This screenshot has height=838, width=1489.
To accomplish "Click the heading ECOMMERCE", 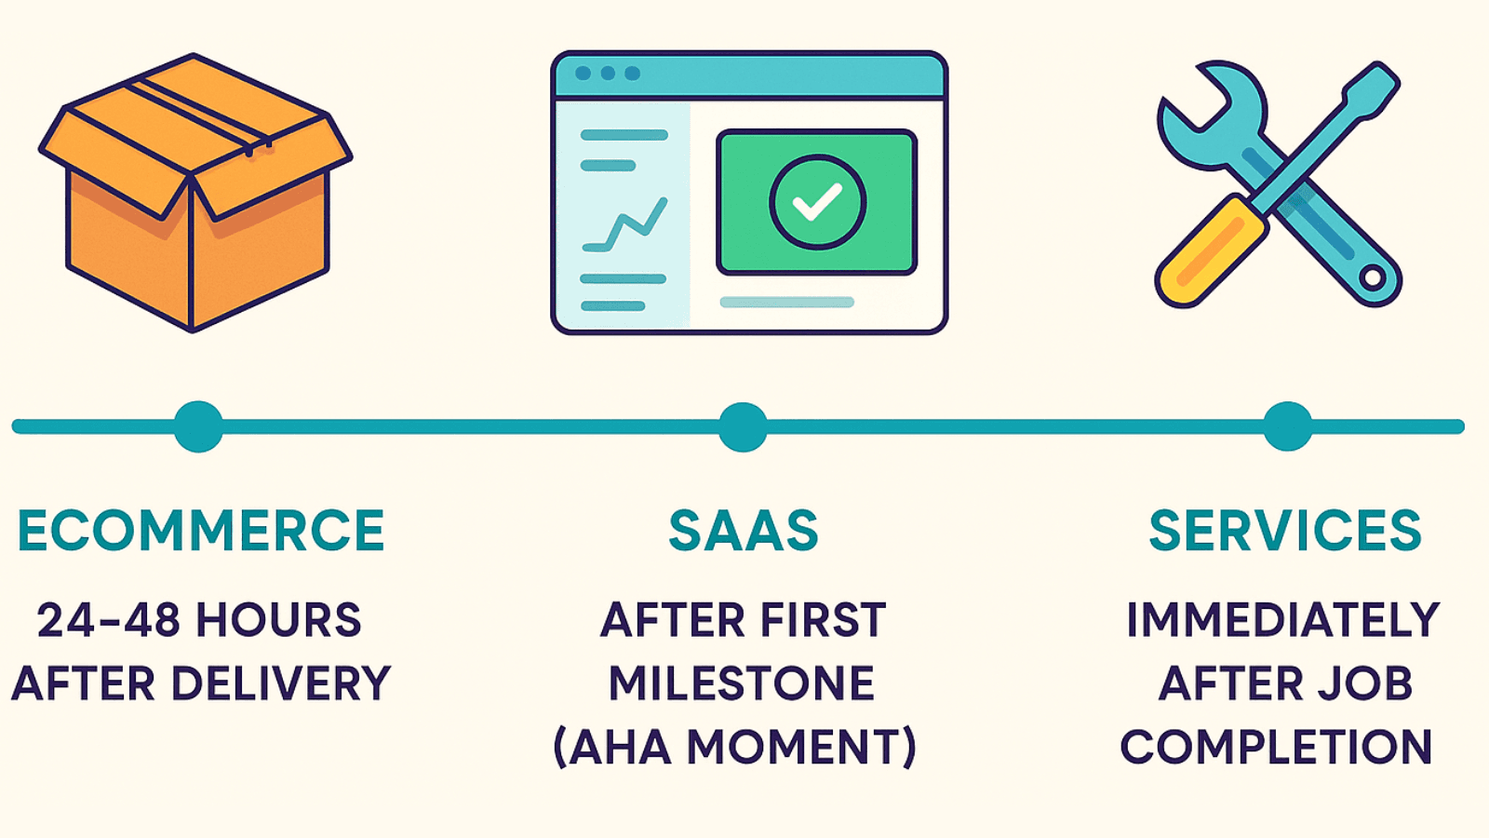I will click(x=201, y=531).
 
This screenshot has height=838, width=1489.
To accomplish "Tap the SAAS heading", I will click(x=743, y=531).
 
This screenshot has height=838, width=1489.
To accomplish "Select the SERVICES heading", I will click(x=1285, y=531).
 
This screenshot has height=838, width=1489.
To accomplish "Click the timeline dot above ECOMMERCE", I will click(x=198, y=426).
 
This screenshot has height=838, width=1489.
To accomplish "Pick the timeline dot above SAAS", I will click(x=743, y=426).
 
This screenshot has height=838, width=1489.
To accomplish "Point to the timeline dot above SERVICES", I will click(x=1287, y=426).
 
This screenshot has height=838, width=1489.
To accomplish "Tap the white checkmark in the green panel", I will click(x=817, y=202).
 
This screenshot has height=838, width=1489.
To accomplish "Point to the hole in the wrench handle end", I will click(x=1372, y=277).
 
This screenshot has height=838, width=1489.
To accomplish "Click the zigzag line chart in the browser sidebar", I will click(x=625, y=226).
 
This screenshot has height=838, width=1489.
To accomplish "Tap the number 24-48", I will click(x=108, y=620).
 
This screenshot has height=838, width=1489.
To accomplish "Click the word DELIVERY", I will click(x=281, y=683).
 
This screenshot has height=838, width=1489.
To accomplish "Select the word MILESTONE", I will click(x=742, y=683).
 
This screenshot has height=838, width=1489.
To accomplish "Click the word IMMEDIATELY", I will click(x=1283, y=620).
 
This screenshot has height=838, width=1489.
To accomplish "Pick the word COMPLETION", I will click(x=1276, y=747).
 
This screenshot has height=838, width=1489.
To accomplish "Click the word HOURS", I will click(x=278, y=620).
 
